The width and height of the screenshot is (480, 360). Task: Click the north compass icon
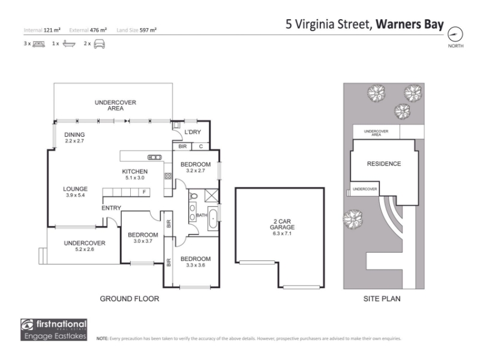(455, 34)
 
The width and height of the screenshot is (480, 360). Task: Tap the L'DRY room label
(193, 132)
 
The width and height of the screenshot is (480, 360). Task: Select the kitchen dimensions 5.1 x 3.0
(135, 178)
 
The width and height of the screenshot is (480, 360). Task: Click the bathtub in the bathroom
(213, 218)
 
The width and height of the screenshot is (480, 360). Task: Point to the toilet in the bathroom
(194, 196)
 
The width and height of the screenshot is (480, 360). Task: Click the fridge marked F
(144, 192)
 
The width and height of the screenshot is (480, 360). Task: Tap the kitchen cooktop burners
(168, 176)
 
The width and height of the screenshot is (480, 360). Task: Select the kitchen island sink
(155, 157)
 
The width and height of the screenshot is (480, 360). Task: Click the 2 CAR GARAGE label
(282, 224)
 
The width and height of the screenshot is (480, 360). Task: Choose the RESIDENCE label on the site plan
(384, 164)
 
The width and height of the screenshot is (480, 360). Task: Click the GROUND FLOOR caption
(130, 299)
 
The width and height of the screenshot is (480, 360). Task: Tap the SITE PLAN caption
(382, 299)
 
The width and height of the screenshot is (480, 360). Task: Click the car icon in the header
(99, 44)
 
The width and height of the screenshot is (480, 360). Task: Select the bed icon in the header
(38, 44)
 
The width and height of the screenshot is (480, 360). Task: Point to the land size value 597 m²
(148, 30)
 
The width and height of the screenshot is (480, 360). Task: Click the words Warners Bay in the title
(410, 24)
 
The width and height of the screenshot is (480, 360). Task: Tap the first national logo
(54, 329)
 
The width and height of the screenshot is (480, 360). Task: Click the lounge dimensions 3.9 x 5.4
(76, 195)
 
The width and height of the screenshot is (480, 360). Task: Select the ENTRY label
(112, 208)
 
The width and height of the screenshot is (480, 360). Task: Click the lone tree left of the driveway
(353, 219)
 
